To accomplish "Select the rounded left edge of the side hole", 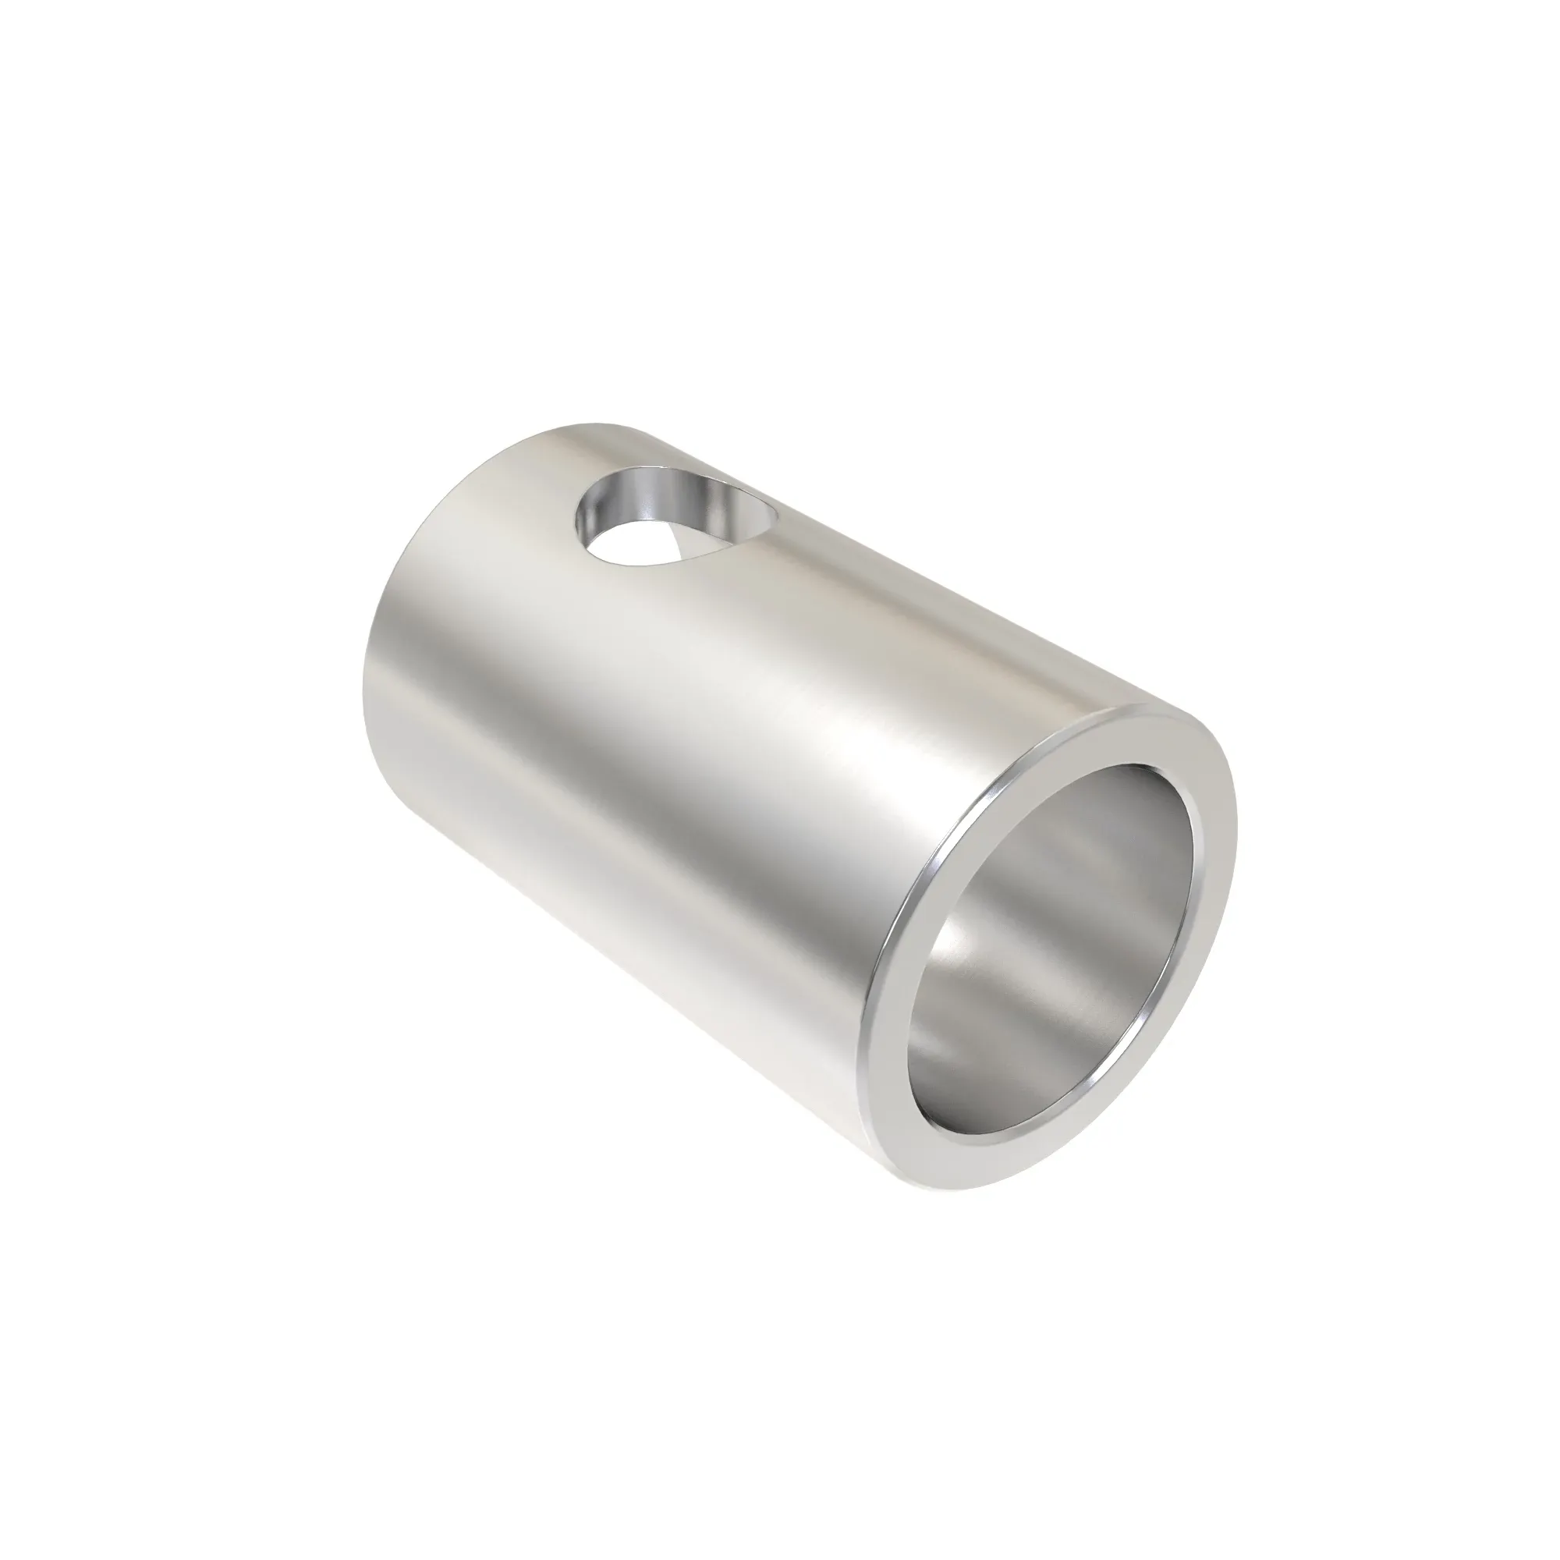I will coord(580,525).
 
